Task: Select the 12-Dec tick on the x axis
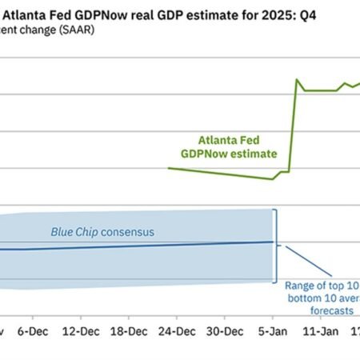click(x=84, y=330)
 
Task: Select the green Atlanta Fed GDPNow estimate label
click(x=238, y=146)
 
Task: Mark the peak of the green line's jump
click(x=297, y=79)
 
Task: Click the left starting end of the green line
click(x=169, y=168)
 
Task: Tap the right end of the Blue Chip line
click(x=274, y=242)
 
